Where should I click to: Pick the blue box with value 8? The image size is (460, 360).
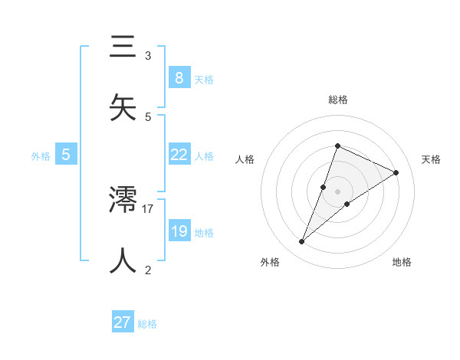(x=179, y=77)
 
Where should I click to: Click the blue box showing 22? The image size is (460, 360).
(x=179, y=155)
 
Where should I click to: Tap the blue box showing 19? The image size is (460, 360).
(x=179, y=231)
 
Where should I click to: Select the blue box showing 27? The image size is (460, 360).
(x=123, y=322)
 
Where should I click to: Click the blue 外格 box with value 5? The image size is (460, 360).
(x=66, y=155)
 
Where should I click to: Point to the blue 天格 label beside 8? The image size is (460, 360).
(x=204, y=79)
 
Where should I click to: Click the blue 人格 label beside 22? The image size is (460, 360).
(x=204, y=156)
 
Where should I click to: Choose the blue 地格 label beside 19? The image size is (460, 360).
(x=204, y=233)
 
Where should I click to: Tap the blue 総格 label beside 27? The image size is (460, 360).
(x=147, y=324)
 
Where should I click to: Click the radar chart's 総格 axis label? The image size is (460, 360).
(x=337, y=100)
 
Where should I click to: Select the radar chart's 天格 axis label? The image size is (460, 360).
(x=431, y=159)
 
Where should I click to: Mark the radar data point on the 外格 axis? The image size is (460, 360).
(x=302, y=242)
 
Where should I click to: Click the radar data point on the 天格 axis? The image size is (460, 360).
(x=396, y=172)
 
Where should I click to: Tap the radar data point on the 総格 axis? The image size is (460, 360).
(x=337, y=146)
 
